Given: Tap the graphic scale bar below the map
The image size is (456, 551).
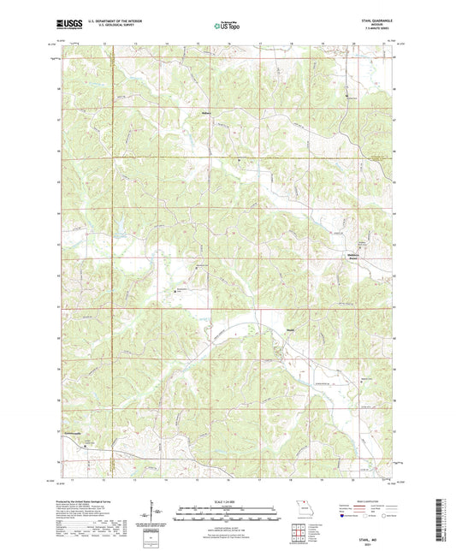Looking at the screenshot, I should click(x=228, y=511).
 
